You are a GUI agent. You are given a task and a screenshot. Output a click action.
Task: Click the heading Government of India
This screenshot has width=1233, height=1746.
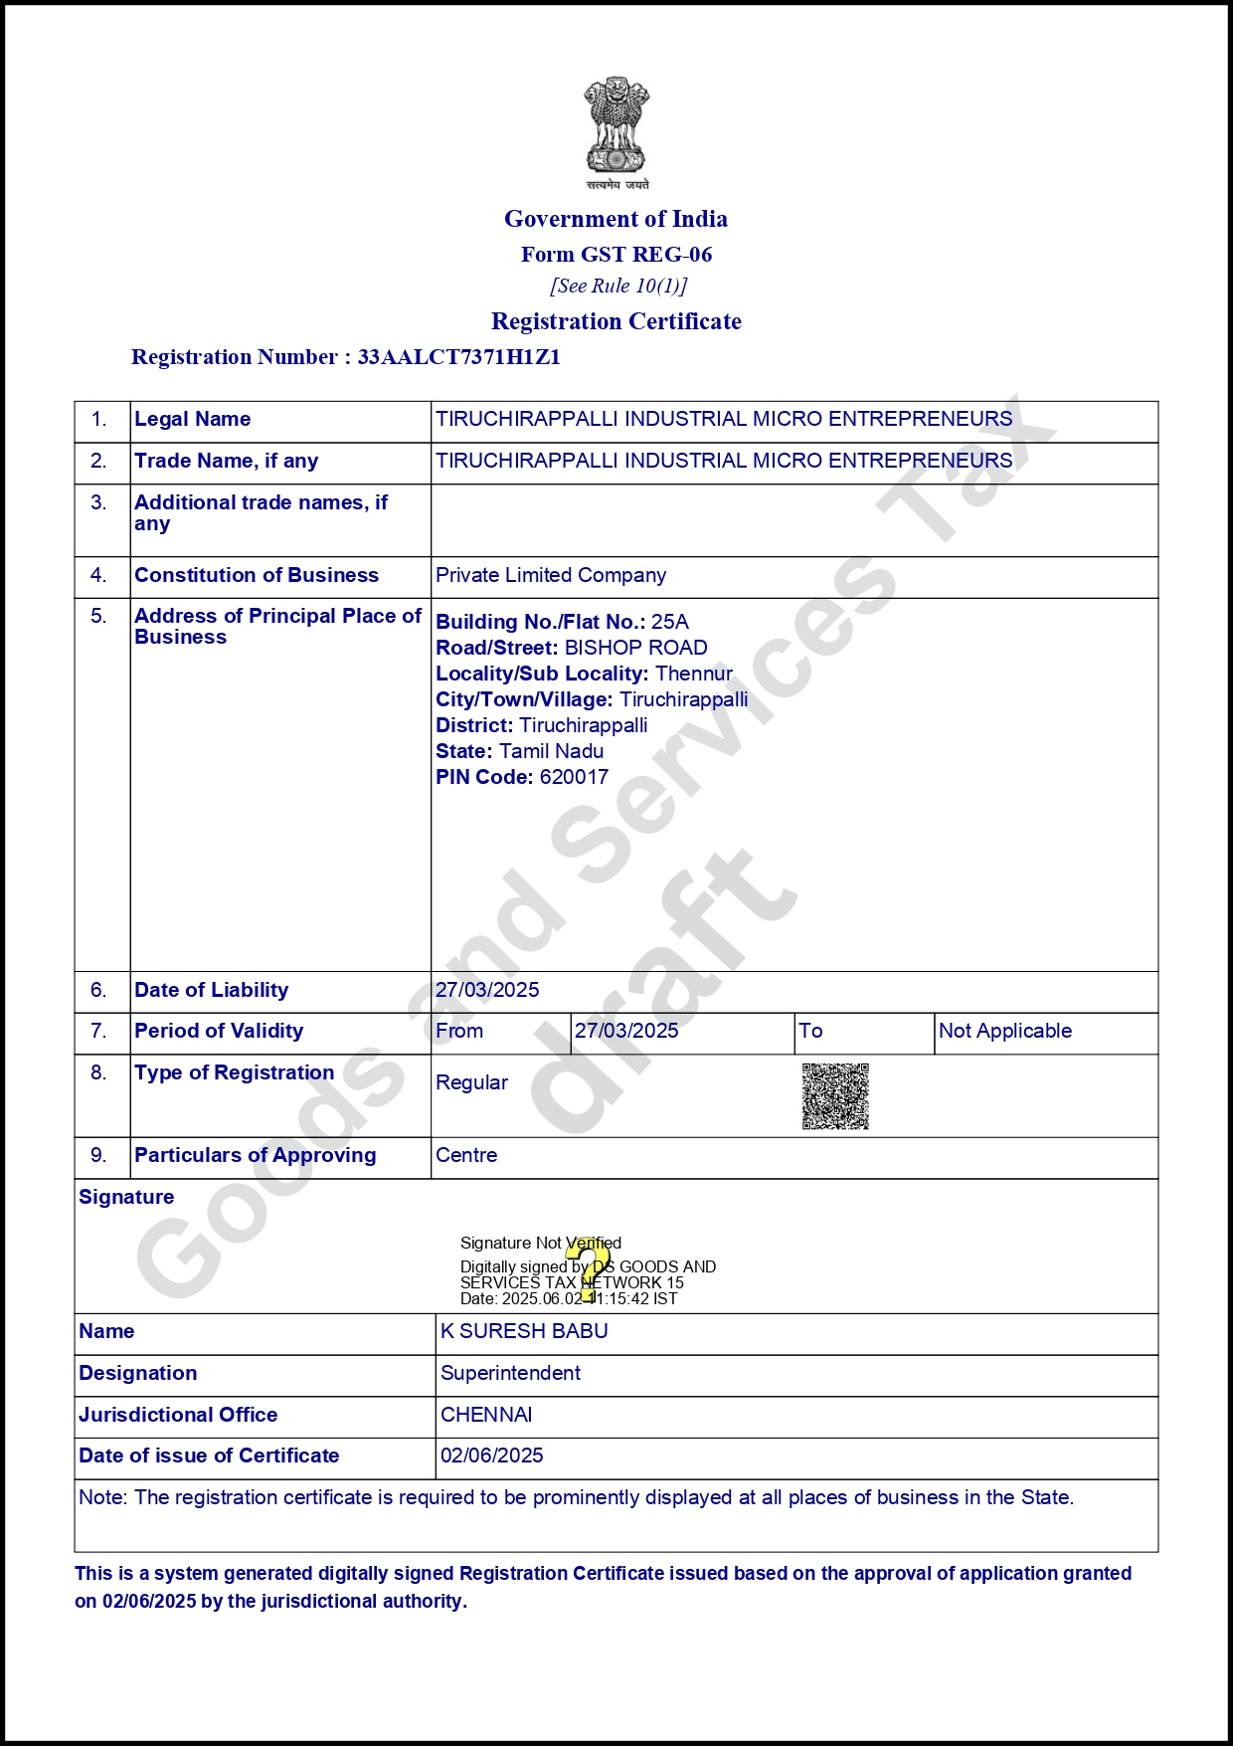pos(616,219)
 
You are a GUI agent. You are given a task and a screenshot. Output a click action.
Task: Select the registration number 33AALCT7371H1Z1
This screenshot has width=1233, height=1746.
pos(458,357)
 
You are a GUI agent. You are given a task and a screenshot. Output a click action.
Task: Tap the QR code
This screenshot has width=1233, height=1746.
pos(835,1096)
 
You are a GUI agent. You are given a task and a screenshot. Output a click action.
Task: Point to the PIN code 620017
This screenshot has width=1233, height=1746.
pos(574,777)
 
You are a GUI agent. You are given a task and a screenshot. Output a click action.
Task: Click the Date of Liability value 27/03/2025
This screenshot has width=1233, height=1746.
pos(487,990)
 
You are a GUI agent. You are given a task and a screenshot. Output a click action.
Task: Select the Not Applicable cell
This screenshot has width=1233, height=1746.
pos(1005,1031)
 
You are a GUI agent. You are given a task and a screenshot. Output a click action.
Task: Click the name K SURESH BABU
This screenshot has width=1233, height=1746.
pos(524,1331)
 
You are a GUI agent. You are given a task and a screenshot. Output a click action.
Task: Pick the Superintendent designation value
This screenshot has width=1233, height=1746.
pos(510,1373)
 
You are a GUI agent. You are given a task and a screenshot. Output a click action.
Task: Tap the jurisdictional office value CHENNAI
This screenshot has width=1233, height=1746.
pos(486,1415)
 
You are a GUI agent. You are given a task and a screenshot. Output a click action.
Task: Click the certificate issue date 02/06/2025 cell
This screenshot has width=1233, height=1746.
pos(492,1455)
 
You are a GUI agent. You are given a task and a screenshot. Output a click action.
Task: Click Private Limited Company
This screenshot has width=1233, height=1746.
pos(551,575)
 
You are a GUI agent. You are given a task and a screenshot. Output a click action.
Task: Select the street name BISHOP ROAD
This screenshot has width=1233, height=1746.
pos(636,648)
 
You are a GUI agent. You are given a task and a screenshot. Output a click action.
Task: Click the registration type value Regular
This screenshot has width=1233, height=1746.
pos(471,1082)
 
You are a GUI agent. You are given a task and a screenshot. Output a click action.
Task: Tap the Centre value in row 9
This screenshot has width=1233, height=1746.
pos(466,1155)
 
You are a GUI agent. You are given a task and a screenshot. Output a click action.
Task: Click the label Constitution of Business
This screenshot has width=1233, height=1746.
pos(257,575)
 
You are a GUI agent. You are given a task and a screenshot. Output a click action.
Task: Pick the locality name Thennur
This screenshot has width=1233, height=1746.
pos(694,674)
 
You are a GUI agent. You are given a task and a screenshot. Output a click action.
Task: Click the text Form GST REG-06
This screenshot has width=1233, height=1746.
pos(616,255)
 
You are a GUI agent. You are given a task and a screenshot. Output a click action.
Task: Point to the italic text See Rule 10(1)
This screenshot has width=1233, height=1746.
pos(618,287)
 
